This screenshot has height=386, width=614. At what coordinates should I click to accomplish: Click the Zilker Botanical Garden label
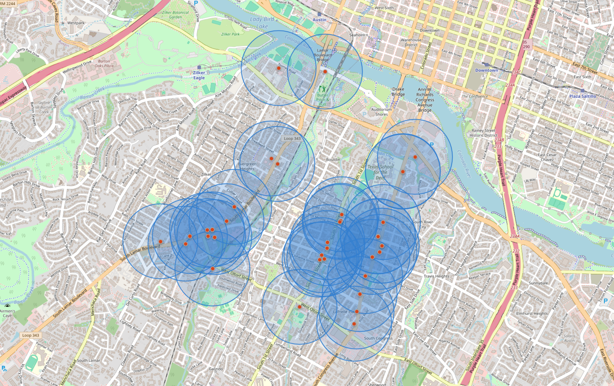pyautogui.click(x=175, y=15)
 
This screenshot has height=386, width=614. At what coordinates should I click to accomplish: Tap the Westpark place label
pyautogui.click(x=76, y=23)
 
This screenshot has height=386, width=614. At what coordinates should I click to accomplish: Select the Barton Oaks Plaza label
pyautogui.click(x=104, y=63)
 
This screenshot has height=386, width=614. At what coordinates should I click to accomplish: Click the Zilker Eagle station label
pyautogui.click(x=199, y=75)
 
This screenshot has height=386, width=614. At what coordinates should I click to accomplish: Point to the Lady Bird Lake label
pyautogui.click(x=262, y=23)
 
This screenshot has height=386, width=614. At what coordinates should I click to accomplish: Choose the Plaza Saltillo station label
pyautogui.click(x=582, y=96)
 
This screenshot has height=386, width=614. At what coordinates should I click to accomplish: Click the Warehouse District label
pyautogui.click(x=411, y=42)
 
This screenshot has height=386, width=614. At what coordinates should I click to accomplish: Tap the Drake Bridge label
pyautogui.click(x=398, y=92)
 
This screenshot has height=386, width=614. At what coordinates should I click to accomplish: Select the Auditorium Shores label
pyautogui.click(x=382, y=112)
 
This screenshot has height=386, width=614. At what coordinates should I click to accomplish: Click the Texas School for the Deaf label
pyautogui.click(x=380, y=172)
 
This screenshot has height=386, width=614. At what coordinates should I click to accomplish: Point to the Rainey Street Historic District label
pyautogui.click(x=484, y=133)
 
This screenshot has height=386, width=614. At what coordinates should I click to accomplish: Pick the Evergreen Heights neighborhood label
pyautogui.click(x=247, y=166)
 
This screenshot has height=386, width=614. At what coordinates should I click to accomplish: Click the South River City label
pyautogui.click(x=422, y=224)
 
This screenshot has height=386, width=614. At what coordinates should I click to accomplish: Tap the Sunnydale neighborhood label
pyautogui.click(x=538, y=283)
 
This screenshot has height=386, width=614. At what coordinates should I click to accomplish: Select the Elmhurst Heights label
pyautogui.click(x=532, y=313)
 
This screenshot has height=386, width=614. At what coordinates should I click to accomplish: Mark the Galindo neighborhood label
pyautogui.click(x=216, y=369)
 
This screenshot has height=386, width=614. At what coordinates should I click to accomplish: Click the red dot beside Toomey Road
pyautogui.click(x=279, y=68)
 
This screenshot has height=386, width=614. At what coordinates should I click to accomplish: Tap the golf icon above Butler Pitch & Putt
pyautogui.click(x=322, y=89)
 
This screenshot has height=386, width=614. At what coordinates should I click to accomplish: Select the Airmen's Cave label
pyautogui.click(x=7, y=313)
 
